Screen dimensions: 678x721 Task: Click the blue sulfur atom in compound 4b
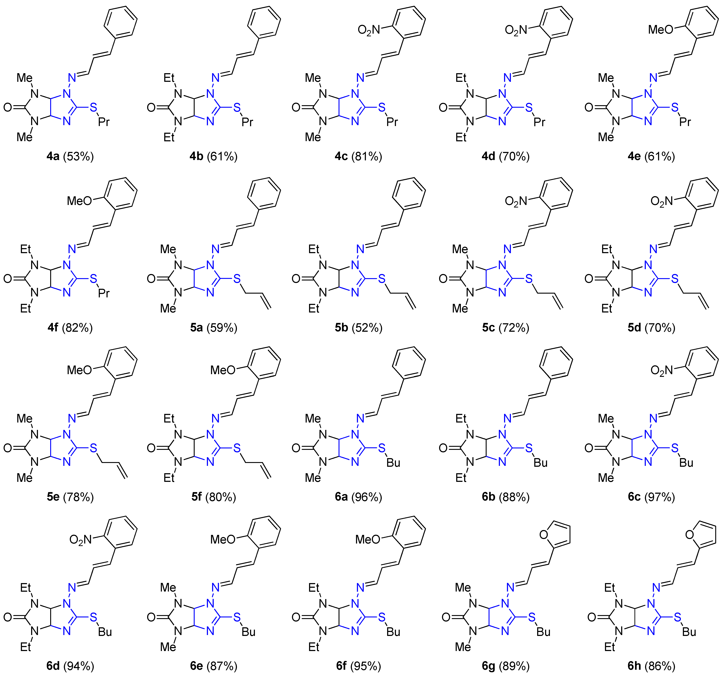pyautogui.click(x=237, y=107)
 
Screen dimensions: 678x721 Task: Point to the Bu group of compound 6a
pyautogui.click(x=393, y=463)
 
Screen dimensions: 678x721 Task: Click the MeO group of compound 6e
pyautogui.click(x=223, y=540)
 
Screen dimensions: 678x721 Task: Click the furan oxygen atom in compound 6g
pyautogui.click(x=544, y=534)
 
